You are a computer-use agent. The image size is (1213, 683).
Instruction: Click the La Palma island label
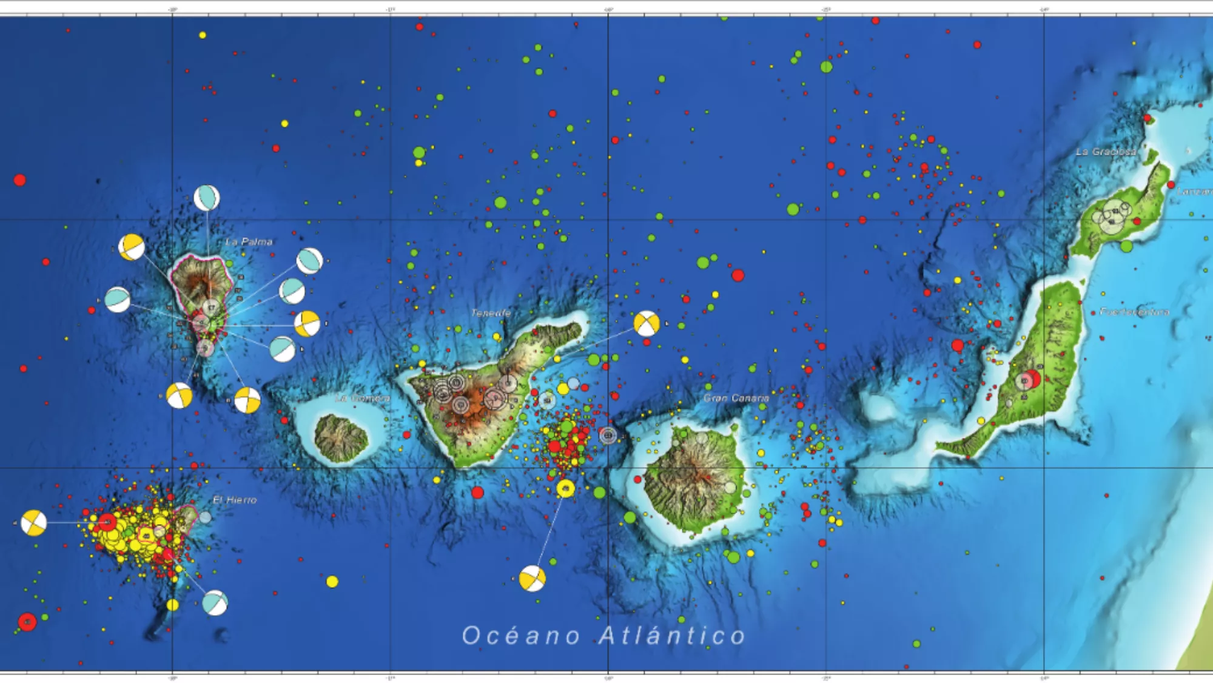coord(249,241)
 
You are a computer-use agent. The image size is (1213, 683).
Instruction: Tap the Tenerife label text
coord(491,313)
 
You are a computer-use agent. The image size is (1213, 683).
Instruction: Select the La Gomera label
coord(363,399)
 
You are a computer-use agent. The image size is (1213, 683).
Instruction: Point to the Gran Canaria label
coord(736,398)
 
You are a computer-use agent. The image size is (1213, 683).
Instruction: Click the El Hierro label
coord(235,500)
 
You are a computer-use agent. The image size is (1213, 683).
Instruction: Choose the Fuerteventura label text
coord(1134,312)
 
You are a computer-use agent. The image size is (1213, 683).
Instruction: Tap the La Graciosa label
coord(1106,152)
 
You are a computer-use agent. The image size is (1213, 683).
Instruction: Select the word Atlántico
coord(672,636)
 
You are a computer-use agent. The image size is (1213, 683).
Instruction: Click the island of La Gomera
coord(341,438)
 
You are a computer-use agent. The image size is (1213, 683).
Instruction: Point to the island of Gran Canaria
coord(694,479)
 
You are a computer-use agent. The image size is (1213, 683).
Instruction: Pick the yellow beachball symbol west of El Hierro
coord(33,523)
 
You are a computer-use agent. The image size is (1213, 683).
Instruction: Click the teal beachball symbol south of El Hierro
coord(215,602)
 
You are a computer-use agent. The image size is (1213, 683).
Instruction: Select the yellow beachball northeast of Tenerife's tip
coord(647,323)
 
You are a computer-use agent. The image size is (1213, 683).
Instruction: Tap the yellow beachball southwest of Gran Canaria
coord(532,579)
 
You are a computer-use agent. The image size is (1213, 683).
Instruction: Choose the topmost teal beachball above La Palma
coord(207,198)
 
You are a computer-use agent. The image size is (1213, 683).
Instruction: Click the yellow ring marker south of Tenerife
coord(565,488)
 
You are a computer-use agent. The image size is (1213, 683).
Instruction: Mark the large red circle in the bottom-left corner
coord(27,622)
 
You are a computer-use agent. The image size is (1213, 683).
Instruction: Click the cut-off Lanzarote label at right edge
coord(1195,192)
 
